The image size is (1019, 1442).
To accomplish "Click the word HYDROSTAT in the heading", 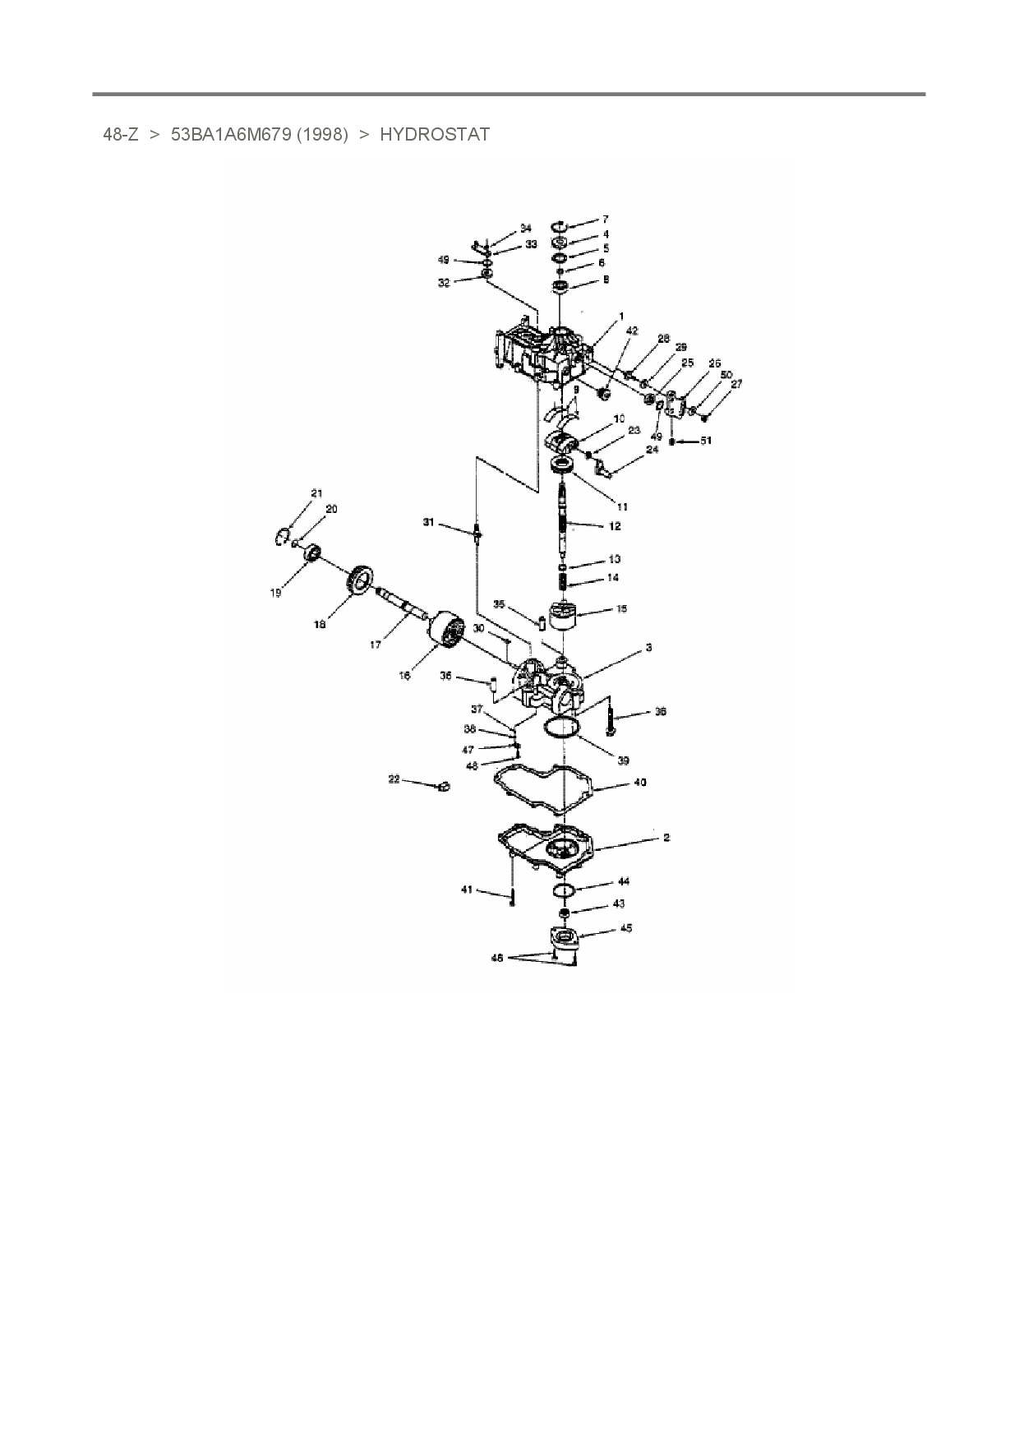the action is [x=434, y=135].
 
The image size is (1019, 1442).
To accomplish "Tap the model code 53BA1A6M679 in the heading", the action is [x=231, y=135].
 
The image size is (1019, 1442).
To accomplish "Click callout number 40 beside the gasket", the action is [x=640, y=782].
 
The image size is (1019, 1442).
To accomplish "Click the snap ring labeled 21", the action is [x=279, y=536].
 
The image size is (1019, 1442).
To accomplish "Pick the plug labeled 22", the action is [x=443, y=787].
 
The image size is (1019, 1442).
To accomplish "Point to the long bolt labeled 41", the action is [x=512, y=892].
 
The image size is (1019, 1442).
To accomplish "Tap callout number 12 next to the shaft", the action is [x=615, y=526].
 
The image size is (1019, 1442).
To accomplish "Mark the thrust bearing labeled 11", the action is [x=563, y=467].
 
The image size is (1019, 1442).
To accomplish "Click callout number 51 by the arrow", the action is [x=705, y=441].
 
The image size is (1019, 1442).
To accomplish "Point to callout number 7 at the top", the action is [x=606, y=220].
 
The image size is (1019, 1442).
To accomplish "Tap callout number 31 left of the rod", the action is [x=428, y=522].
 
